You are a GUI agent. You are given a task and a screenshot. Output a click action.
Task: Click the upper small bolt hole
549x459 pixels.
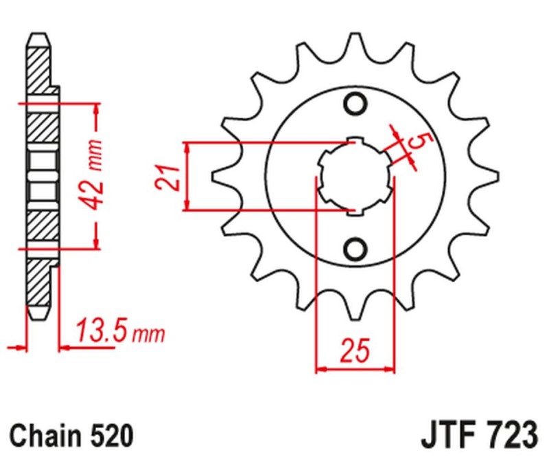click(355, 104)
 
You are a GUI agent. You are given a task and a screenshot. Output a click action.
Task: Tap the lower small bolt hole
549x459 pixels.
click(355, 248)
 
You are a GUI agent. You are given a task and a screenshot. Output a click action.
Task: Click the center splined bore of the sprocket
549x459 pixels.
click(355, 177)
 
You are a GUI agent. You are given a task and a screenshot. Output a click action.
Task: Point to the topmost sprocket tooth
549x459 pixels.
click(355, 43)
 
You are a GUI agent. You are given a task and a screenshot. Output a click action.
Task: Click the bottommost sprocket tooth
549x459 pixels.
click(355, 311)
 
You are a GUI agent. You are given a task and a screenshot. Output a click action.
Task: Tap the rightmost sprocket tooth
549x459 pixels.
click(489, 177)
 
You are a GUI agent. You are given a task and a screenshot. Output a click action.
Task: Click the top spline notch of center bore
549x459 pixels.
click(355, 143)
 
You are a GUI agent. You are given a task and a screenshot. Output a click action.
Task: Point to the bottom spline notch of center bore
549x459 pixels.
click(355, 211)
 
